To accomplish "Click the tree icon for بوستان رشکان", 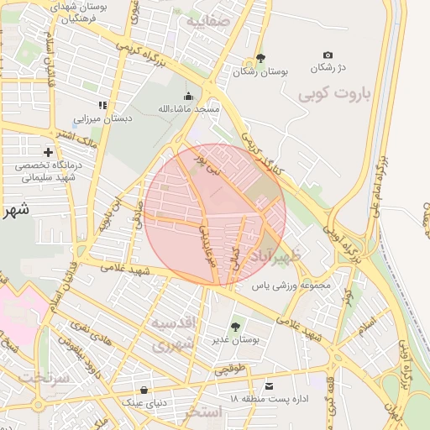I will [x=260, y=58].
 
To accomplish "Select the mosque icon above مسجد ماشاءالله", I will [x=188, y=96].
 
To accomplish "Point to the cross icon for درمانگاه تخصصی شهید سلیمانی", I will [x=48, y=152].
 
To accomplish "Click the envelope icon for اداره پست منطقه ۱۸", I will [x=269, y=385].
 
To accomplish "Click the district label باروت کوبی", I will [x=333, y=94].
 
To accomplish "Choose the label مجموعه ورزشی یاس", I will [x=293, y=286].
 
